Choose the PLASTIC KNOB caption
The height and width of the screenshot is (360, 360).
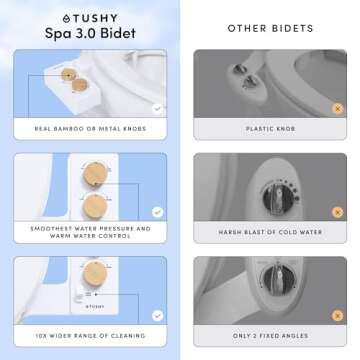point(270,128)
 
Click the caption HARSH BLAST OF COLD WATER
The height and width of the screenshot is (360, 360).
point(270,232)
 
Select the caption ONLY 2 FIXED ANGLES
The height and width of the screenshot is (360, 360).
point(270,335)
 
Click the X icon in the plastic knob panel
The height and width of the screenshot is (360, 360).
point(338,107)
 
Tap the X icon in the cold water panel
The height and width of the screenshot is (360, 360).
point(338,211)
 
